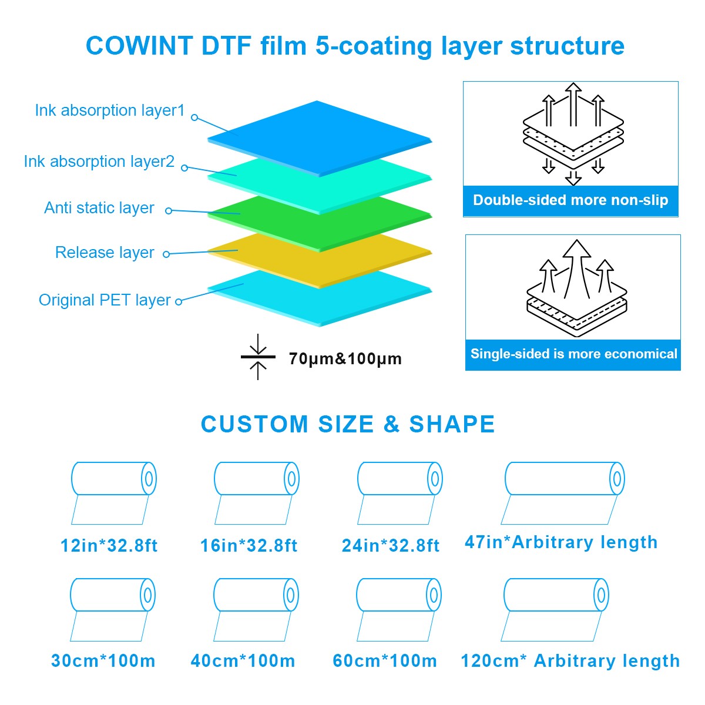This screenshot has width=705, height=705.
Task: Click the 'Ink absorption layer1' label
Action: point(110,110)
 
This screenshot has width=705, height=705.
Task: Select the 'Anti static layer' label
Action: point(99,208)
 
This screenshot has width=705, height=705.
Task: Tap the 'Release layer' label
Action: point(105,253)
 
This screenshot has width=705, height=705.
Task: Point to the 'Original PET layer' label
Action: point(105,300)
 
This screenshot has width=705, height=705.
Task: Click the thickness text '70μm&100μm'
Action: point(345,358)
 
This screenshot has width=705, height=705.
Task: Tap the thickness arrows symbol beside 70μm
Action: point(258,357)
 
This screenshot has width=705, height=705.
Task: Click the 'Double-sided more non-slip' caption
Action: point(570,200)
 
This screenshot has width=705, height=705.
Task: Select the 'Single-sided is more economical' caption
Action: point(573,354)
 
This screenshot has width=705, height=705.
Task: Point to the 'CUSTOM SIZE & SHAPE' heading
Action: point(348,424)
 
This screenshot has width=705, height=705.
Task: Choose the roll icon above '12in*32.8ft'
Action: point(113,492)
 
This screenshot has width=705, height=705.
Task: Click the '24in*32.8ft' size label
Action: point(391,546)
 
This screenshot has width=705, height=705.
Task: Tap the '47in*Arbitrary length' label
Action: point(561,542)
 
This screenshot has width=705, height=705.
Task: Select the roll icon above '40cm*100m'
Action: point(256,609)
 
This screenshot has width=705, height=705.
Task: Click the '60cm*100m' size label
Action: point(385,661)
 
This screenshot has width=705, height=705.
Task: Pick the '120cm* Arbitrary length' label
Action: point(570,661)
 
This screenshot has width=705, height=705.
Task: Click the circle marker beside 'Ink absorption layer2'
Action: point(184,168)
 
